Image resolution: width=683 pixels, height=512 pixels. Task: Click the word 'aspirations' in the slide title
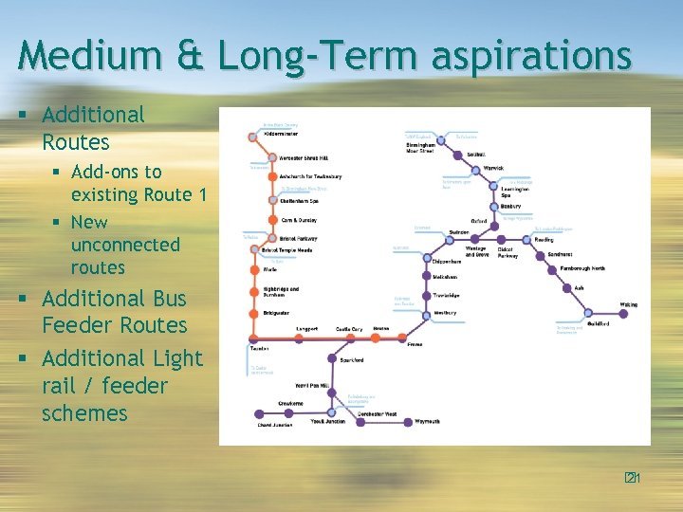530,55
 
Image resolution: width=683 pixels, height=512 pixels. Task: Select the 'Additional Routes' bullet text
93,129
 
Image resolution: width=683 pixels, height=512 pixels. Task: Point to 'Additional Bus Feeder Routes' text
114,312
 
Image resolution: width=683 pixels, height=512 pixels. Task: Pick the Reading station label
544,240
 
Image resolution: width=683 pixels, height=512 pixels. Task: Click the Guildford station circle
587,314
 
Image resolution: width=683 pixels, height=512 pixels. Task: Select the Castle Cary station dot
348,338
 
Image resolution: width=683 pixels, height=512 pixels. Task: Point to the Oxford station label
478,221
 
